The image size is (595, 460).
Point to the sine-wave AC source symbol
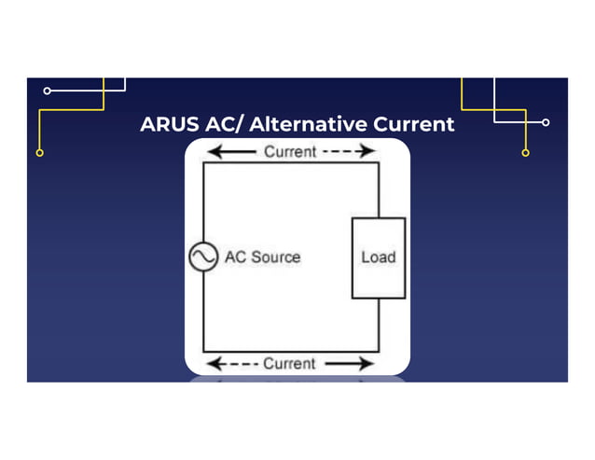(x=203, y=257)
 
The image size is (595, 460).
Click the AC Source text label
(x=262, y=257)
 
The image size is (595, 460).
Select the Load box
(x=378, y=258)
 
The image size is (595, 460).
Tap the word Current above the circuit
(x=290, y=151)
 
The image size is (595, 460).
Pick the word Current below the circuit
(x=289, y=363)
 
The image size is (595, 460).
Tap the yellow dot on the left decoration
(x=39, y=152)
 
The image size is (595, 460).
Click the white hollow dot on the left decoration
(x=48, y=91)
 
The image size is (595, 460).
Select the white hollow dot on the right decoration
(x=546, y=122)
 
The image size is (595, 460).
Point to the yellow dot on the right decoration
(x=526, y=152)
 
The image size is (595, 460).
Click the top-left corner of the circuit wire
(x=203, y=163)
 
